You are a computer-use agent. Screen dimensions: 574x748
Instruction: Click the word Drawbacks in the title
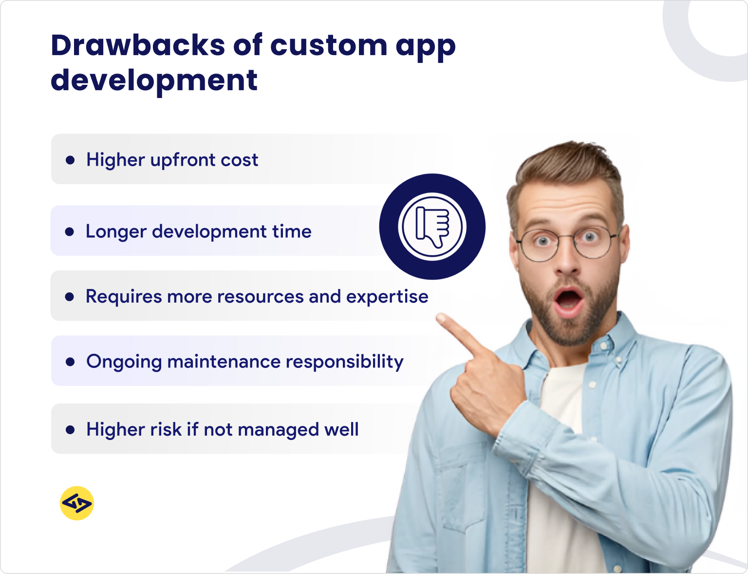pyautogui.click(x=138, y=46)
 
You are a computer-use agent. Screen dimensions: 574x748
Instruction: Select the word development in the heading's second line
pyautogui.click(x=154, y=80)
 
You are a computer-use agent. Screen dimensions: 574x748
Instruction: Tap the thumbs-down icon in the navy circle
pyautogui.click(x=432, y=227)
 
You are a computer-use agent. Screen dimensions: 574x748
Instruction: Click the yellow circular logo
pyautogui.click(x=77, y=503)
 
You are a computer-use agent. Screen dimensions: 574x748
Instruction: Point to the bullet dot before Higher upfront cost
pyautogui.click(x=70, y=160)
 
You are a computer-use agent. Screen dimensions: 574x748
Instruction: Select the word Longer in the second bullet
pyautogui.click(x=116, y=232)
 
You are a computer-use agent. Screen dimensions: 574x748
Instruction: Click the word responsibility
pyautogui.click(x=344, y=362)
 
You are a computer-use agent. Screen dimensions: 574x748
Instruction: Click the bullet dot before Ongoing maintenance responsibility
pyautogui.click(x=70, y=362)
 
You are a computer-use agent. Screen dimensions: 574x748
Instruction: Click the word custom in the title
pyautogui.click(x=329, y=46)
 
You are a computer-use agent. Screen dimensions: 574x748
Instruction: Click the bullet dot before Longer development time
pyautogui.click(x=70, y=231)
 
